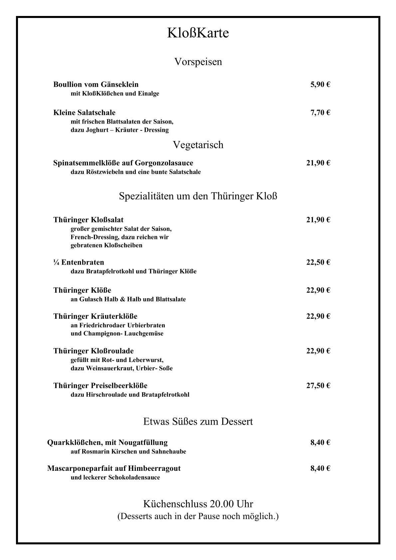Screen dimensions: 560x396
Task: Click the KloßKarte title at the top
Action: tap(198, 33)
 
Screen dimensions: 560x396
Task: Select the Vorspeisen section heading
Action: tap(198, 62)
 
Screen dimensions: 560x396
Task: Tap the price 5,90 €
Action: tap(320, 85)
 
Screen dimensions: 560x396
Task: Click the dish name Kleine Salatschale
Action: tap(84, 112)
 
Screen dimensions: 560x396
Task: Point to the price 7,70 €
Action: tap(320, 112)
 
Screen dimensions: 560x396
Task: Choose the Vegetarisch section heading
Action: tap(198, 145)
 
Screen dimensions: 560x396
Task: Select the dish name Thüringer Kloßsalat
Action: tap(88, 220)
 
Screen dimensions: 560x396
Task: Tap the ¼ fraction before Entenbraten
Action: tap(56, 262)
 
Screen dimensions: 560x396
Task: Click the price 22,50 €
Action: tap(318, 262)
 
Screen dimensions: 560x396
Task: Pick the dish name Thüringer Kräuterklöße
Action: tap(95, 316)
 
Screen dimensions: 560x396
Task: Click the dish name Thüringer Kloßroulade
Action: tap(94, 351)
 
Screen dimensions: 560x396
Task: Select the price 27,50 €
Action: tap(318, 386)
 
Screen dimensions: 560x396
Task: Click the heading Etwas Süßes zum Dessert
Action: tap(198, 422)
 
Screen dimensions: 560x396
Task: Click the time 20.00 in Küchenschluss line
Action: tap(222, 504)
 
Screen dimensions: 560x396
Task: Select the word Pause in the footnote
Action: tap(209, 517)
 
